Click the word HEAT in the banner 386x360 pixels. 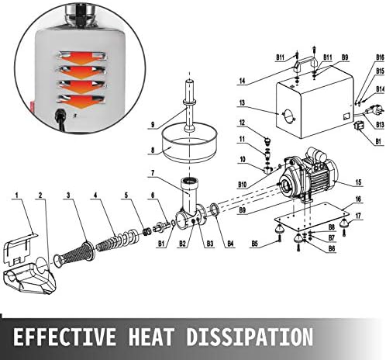click(x=150, y=337)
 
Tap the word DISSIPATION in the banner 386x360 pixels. click(x=250, y=337)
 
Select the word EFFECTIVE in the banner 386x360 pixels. click(x=64, y=337)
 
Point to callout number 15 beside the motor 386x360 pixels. click(x=358, y=182)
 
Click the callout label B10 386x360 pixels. click(x=242, y=185)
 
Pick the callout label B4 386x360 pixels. click(x=230, y=244)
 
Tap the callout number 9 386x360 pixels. click(x=153, y=125)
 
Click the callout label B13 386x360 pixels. click(x=380, y=125)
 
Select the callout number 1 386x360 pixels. click(x=17, y=195)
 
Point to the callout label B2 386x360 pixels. click(x=183, y=244)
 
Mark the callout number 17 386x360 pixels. click(x=358, y=216)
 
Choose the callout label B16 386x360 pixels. click(x=380, y=57)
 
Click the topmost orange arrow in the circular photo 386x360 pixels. click(x=82, y=58)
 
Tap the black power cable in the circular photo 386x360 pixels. click(x=60, y=120)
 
